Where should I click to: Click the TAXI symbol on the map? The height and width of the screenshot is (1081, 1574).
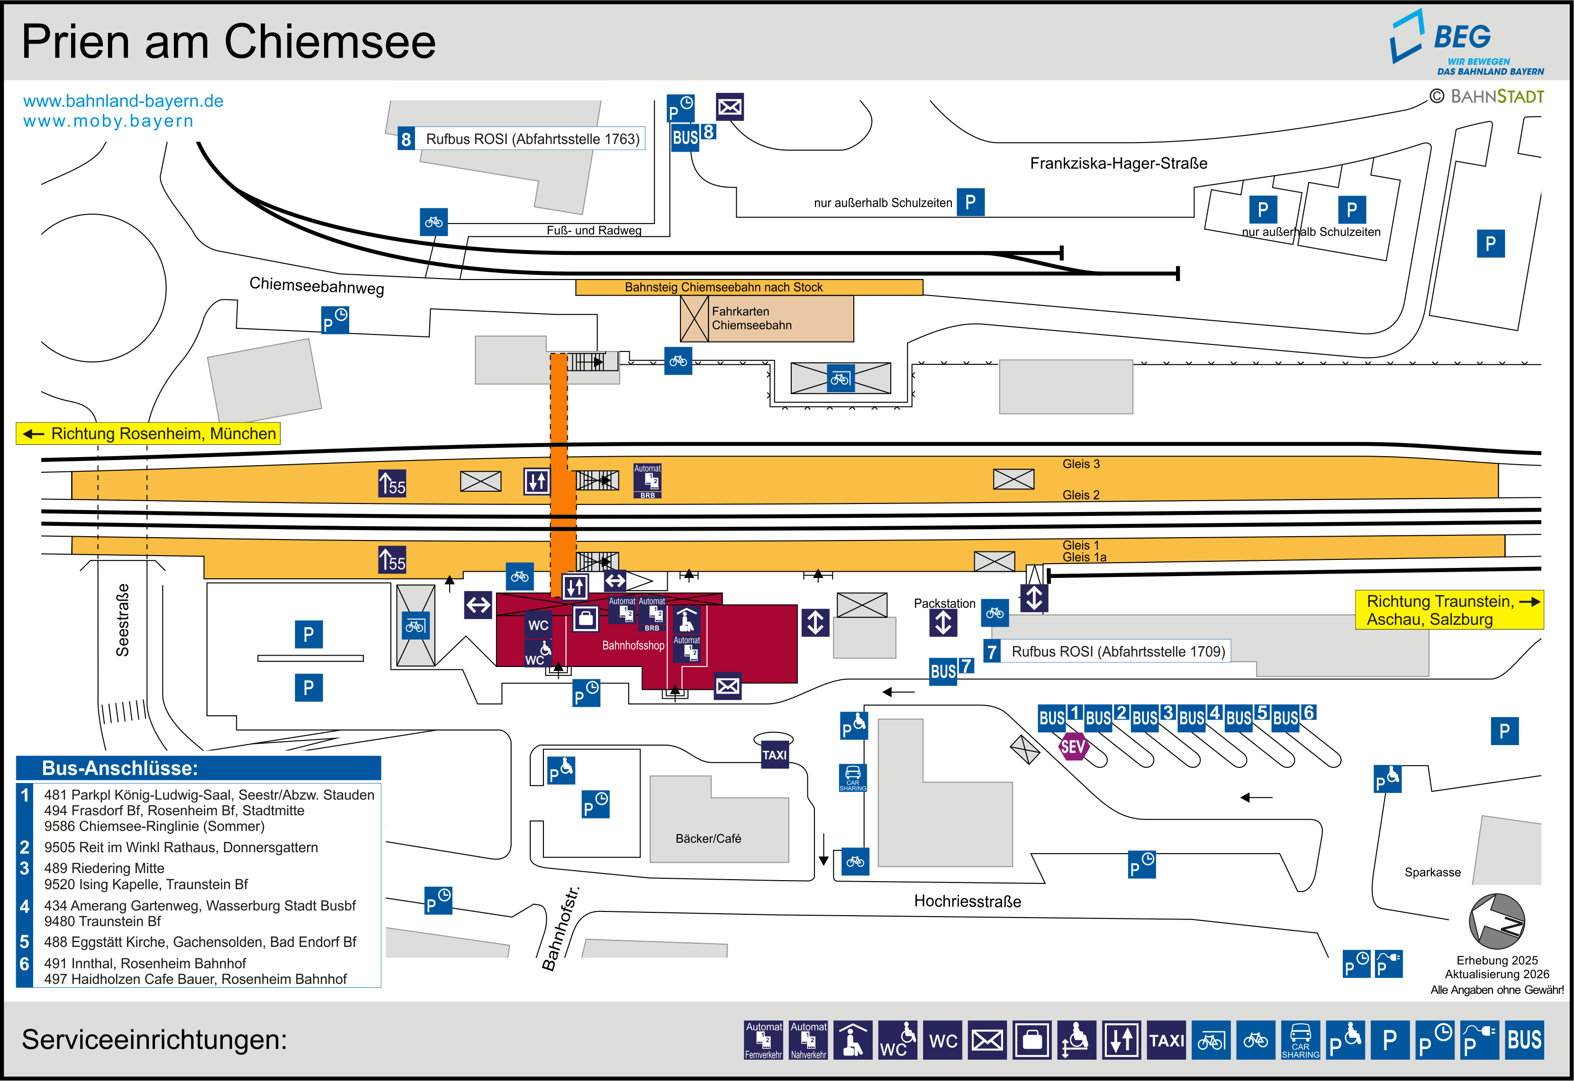[x=774, y=755]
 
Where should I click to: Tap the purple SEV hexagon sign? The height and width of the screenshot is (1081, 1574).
[x=1073, y=747]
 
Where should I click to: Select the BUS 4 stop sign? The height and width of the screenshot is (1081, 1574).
[x=1199, y=717]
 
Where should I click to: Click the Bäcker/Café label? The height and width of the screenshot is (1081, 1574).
[x=708, y=838]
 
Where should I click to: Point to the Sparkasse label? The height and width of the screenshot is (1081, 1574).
[x=1432, y=873]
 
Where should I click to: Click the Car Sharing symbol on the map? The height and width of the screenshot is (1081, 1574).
[x=853, y=777]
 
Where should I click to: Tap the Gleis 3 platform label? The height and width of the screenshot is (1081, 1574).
[x=1080, y=464]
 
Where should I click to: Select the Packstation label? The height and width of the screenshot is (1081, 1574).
[x=944, y=604]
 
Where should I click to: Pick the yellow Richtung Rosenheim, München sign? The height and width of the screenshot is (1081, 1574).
[x=148, y=433]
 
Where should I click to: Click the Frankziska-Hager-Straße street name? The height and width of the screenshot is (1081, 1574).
[x=1118, y=163]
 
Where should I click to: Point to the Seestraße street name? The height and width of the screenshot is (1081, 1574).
[x=123, y=620]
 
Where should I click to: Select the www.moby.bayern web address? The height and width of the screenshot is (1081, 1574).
[x=109, y=121]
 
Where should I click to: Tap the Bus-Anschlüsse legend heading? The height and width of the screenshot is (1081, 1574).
[x=120, y=768]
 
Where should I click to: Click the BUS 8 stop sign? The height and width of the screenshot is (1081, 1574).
[x=693, y=135]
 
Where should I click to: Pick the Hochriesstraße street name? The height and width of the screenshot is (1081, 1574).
[x=967, y=901]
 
